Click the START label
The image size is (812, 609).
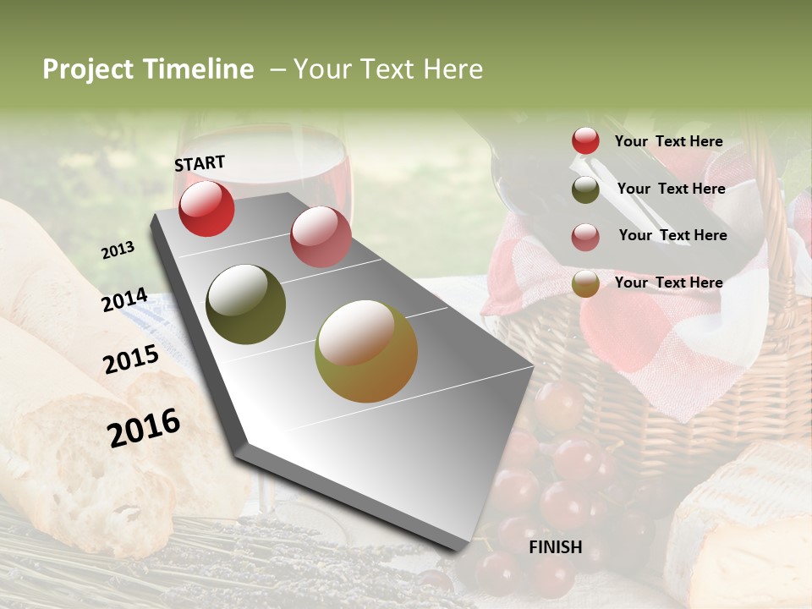[200, 163]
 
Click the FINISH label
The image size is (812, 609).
[555, 547]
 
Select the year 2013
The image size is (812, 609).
[118, 250]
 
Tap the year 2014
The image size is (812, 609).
[124, 300]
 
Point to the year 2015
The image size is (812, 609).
[131, 359]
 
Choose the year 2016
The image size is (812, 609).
[144, 427]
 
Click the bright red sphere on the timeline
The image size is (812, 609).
[206, 208]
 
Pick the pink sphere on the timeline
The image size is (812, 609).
[321, 236]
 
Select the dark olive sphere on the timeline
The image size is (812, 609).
[245, 304]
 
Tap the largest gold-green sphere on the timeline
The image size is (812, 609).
[365, 351]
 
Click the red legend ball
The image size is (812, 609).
[585, 141]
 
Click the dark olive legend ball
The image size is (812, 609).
[585, 189]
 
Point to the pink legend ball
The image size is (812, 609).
[585, 237]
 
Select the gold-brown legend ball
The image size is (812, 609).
[585, 284]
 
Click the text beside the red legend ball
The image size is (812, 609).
[668, 141]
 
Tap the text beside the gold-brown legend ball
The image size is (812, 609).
[668, 283]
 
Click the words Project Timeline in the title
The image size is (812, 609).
[148, 69]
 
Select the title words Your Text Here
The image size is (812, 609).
[387, 69]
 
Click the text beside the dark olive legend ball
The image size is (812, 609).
[671, 189]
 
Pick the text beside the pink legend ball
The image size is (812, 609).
[672, 235]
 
